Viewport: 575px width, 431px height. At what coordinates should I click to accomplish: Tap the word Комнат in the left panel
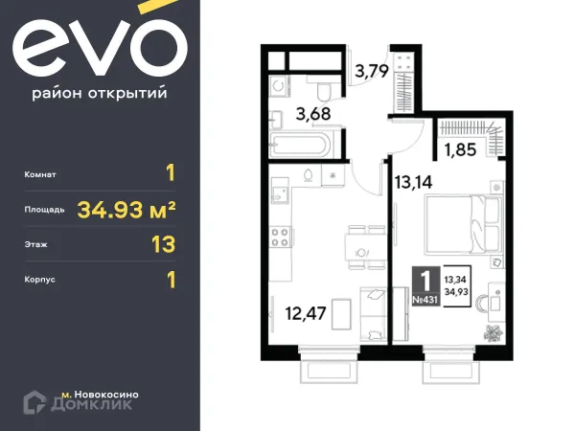pos(43,175)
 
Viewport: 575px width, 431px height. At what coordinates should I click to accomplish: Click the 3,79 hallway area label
pos(373,70)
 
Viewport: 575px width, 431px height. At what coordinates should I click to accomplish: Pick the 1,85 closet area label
pos(458,149)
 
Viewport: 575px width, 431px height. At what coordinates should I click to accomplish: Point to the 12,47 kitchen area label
pos(303,311)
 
